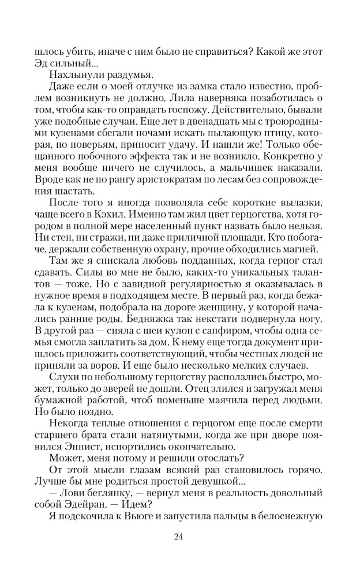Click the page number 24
(178, 538)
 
